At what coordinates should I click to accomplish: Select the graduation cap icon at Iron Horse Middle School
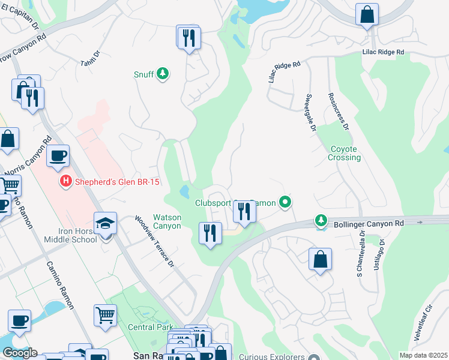(105, 224)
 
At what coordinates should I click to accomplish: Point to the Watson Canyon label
(167, 221)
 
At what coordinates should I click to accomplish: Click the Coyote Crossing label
(345, 153)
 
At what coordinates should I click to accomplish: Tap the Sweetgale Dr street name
(310, 112)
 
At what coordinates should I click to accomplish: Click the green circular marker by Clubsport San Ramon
(286, 203)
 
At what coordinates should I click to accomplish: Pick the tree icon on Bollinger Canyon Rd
(322, 221)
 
